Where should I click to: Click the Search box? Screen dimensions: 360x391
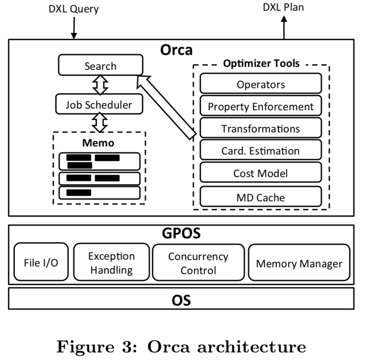pos(101,66)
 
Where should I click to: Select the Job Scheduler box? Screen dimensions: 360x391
pos(99,105)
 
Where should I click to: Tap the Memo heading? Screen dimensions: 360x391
pos(98,143)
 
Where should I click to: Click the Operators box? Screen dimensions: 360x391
pos(261,84)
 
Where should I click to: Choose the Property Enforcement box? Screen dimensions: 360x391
pos(261,106)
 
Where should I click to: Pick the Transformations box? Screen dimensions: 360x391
pos(261,129)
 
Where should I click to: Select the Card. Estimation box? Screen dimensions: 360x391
pos(261,151)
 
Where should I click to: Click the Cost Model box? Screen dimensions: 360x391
pos(261,173)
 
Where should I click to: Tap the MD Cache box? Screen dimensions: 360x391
pos(261,197)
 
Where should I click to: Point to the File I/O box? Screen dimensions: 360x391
pos(41,262)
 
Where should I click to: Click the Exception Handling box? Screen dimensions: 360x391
pos(112,263)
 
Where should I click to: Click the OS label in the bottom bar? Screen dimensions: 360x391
pos(181,300)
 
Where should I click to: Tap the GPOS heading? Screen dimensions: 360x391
pos(181,233)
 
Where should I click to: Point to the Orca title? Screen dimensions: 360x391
pos(176,50)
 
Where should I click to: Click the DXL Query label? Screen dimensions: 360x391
pos(73,9)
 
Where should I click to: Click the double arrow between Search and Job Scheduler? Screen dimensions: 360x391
pos(101,85)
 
